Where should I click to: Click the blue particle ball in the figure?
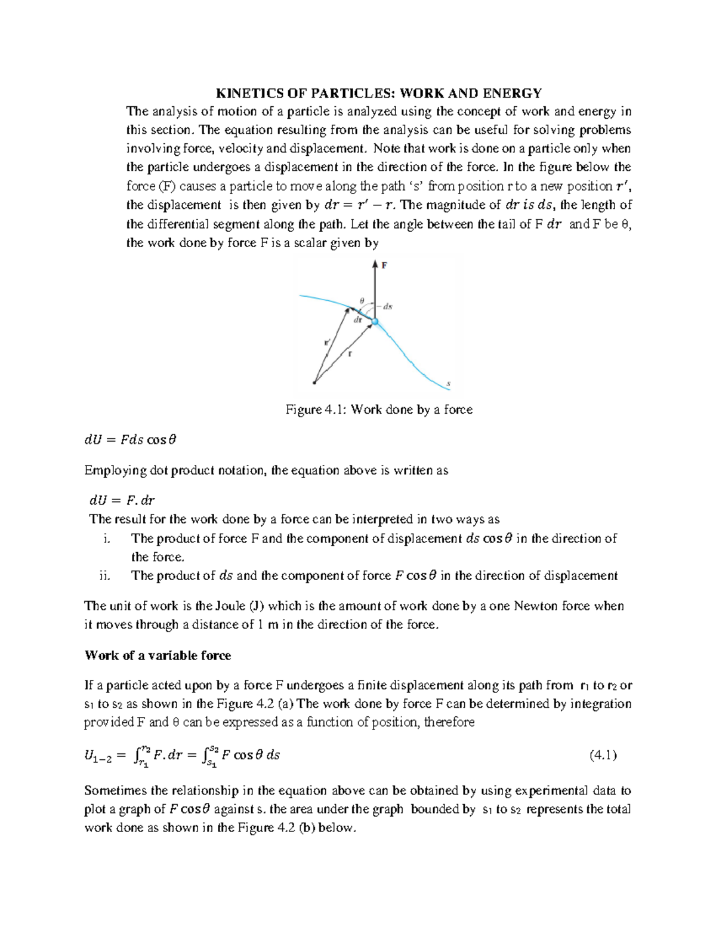[x=375, y=322]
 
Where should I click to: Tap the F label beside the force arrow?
[x=384, y=266]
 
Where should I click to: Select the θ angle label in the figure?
[x=362, y=300]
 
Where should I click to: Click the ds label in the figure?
[x=387, y=307]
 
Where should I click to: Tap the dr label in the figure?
[x=358, y=320]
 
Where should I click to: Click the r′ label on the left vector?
[x=326, y=343]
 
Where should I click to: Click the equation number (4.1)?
[x=603, y=755]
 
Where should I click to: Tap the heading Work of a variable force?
[x=158, y=655]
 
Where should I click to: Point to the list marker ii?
[x=104, y=575]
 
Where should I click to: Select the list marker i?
[x=106, y=538]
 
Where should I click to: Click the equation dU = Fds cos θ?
[x=131, y=440]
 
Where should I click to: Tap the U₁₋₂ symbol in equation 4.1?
[x=98, y=756]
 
